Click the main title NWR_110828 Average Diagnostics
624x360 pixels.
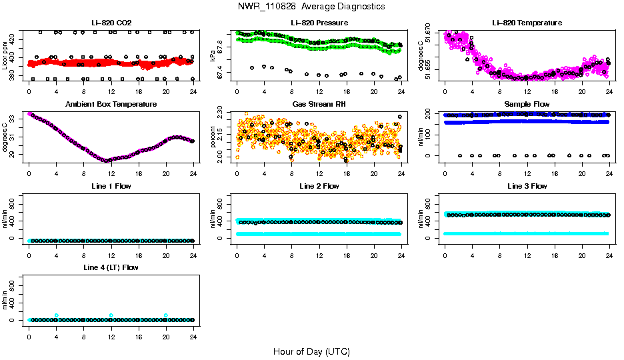click(x=311, y=6)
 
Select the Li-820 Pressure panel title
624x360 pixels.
click(x=319, y=23)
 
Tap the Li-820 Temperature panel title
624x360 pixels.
click(x=527, y=23)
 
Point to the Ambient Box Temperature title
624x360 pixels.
click(x=111, y=104)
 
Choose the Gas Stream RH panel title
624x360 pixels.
click(x=319, y=104)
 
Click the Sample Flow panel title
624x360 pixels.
click(x=527, y=104)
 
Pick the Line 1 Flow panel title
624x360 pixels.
click(x=111, y=186)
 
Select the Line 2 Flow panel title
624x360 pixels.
click(x=319, y=186)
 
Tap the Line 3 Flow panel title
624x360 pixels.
click(x=527, y=186)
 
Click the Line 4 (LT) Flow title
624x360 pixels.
click(x=111, y=267)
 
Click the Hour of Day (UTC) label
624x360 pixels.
click(x=311, y=351)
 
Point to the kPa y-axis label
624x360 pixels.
click(x=213, y=56)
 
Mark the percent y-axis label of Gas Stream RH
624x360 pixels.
click(x=213, y=137)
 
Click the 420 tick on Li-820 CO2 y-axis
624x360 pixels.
click(x=15, y=40)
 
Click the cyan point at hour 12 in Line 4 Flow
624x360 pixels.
click(x=111, y=315)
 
